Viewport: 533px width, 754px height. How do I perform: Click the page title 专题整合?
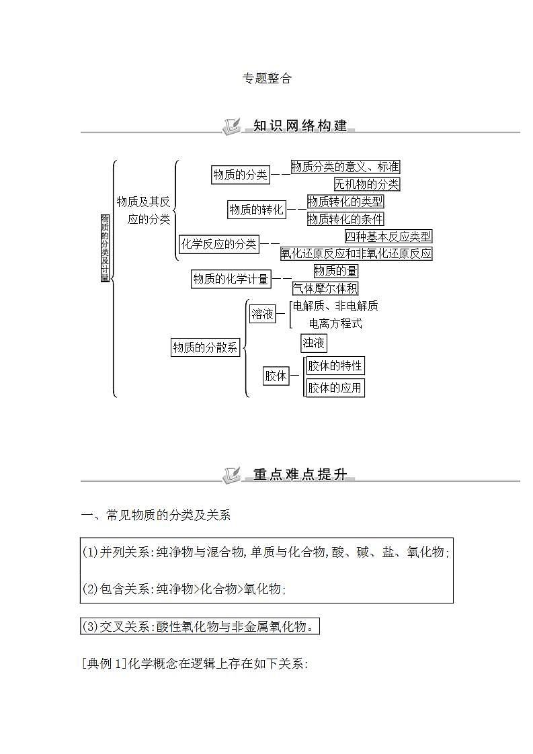pyautogui.click(x=267, y=79)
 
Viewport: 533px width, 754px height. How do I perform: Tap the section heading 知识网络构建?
pyautogui.click(x=300, y=126)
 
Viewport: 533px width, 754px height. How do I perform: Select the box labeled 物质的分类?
pyautogui.click(x=240, y=175)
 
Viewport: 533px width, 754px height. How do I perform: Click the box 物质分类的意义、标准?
pyautogui.click(x=345, y=167)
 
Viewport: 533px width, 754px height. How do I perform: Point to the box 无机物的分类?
pyautogui.click(x=366, y=183)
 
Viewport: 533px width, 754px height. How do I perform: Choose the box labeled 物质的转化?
pyautogui.click(x=256, y=210)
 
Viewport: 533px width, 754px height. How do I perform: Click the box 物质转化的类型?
pyautogui.click(x=345, y=201)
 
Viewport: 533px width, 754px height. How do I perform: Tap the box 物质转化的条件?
pyautogui.click(x=345, y=218)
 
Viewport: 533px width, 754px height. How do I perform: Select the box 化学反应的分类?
pyautogui.click(x=219, y=245)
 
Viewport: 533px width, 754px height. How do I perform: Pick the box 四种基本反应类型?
pyautogui.click(x=388, y=236)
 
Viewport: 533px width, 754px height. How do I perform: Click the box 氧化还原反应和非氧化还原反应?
pyautogui.click(x=356, y=253)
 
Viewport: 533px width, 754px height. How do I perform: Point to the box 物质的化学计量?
pyautogui.click(x=231, y=280)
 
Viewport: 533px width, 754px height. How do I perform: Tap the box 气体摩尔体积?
pyautogui.click(x=325, y=288)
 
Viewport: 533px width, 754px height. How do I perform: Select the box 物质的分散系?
pyautogui.click(x=205, y=347)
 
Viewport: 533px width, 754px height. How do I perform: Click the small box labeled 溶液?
pyautogui.click(x=263, y=314)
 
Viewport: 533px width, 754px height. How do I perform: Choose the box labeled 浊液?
pyautogui.click(x=314, y=343)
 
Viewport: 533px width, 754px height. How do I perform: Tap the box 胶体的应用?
pyautogui.click(x=335, y=388)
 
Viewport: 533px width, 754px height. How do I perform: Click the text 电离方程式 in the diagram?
pyautogui.click(x=335, y=323)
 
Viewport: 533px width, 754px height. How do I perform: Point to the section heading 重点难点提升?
pyautogui.click(x=300, y=474)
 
